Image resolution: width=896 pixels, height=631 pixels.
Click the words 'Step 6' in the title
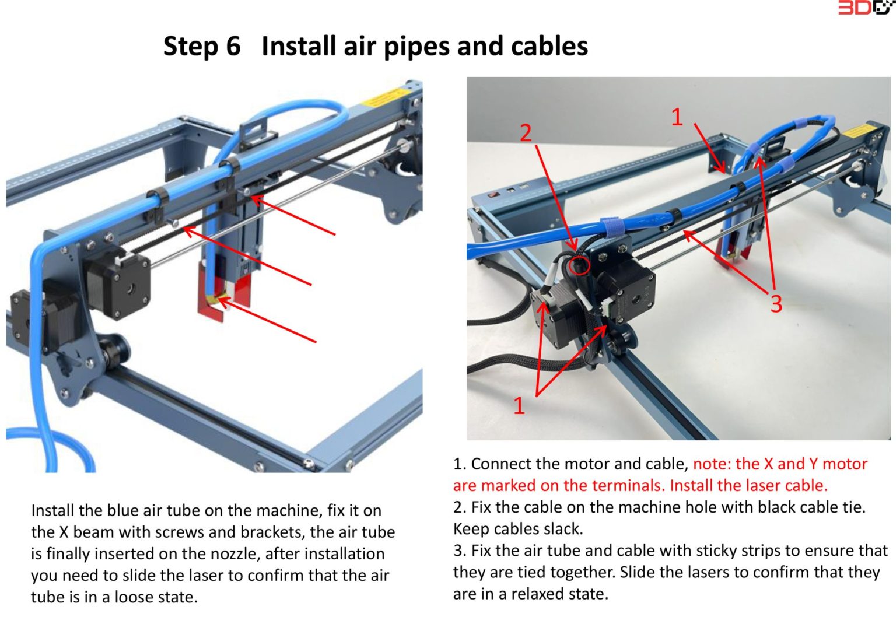coord(201,46)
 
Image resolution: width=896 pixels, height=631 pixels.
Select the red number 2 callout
coord(526,133)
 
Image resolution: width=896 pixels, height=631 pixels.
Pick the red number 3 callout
coord(776,304)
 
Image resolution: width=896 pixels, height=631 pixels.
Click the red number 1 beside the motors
coord(519,405)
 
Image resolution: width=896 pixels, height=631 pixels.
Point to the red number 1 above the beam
coord(677,117)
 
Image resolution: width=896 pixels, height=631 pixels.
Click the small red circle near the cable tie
coord(579,266)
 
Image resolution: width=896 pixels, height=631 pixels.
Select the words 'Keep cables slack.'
coord(518,529)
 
